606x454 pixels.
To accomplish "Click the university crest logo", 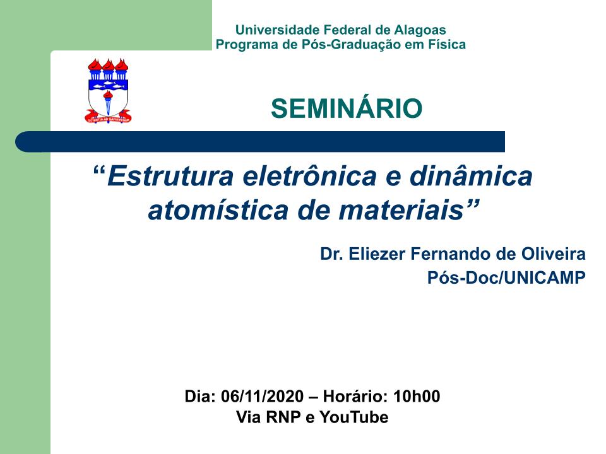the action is (x=108, y=91).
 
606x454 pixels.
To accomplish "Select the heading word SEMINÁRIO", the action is (x=347, y=108).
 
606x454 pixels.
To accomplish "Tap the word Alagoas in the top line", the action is (x=420, y=30).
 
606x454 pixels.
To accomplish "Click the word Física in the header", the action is (x=447, y=44).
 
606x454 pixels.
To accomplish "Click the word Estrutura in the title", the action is (x=170, y=176).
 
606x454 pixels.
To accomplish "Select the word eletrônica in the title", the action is (x=310, y=176).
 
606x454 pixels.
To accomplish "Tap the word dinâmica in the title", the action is (x=471, y=176).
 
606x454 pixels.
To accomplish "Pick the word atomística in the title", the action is (x=218, y=211).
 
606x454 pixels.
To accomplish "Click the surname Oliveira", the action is (x=554, y=254).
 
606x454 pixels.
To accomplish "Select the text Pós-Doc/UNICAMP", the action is (x=506, y=277).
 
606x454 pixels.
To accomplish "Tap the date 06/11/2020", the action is (x=263, y=397).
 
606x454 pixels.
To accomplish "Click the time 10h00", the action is (x=417, y=397).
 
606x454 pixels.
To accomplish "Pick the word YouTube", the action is (x=354, y=417).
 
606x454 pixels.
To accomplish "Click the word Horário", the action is (x=355, y=397).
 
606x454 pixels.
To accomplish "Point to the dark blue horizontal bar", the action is (x=260, y=142).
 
